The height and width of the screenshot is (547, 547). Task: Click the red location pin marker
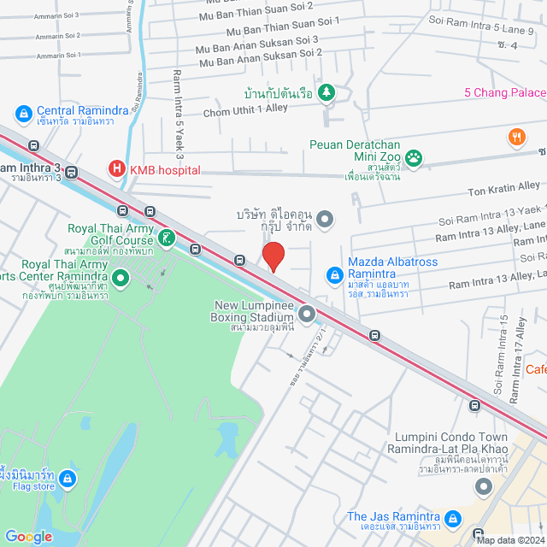[x=273, y=256]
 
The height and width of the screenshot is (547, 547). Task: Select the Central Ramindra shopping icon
[x=23, y=113]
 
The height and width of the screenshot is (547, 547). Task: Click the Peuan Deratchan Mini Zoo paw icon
[x=415, y=156]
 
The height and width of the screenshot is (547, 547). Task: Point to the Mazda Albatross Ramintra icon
[x=335, y=275]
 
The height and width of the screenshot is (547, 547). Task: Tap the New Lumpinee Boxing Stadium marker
[x=307, y=315]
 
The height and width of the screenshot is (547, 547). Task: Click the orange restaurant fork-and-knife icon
[x=515, y=136]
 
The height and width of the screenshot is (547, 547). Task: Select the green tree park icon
[x=326, y=91]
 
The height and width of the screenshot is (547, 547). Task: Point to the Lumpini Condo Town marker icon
[x=484, y=488]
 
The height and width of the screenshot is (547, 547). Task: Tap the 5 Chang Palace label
[x=505, y=92]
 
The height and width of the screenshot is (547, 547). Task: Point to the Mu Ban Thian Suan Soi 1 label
[x=280, y=23]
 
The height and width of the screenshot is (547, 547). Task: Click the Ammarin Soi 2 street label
[x=57, y=36]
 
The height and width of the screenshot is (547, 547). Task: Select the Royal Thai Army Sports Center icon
[x=121, y=277]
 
